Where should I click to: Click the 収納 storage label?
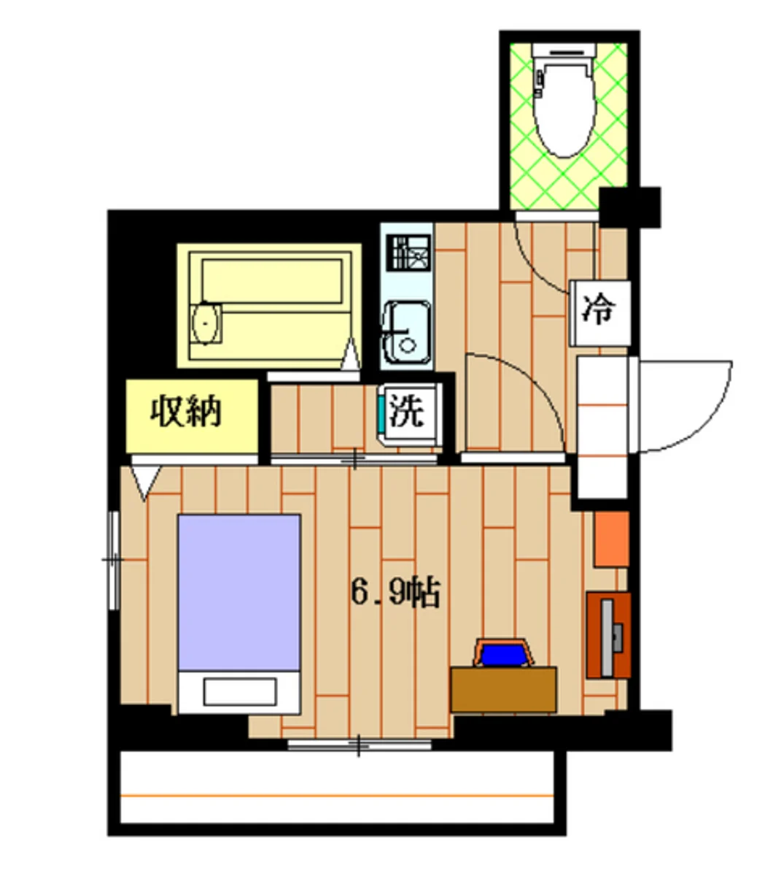[187, 413]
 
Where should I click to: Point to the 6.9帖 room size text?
[396, 593]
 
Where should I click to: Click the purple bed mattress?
[239, 591]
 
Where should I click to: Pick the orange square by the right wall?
[611, 539]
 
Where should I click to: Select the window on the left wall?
[112, 560]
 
